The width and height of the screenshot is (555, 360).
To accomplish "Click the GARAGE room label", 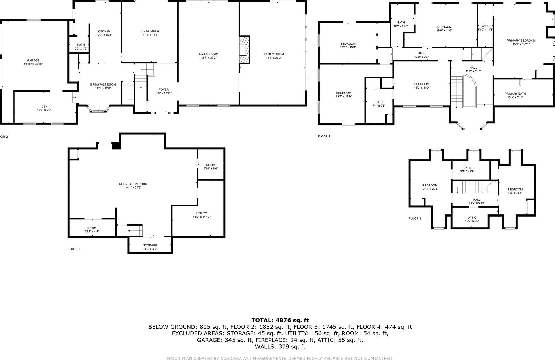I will tap(33, 61).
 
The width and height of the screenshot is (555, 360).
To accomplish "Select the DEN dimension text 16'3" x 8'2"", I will tap(44, 110).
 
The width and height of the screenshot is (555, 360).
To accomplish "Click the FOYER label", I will tap(164, 90).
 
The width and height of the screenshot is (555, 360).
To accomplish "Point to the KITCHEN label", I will tap(104, 31).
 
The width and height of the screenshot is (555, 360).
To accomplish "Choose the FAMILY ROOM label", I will tap(273, 54).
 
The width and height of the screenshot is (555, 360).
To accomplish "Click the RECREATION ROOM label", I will tap(133, 184).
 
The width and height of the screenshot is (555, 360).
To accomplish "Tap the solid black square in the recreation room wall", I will tap(116, 146).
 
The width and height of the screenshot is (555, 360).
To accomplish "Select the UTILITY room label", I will tap(201, 213).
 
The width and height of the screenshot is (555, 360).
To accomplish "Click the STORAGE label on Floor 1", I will tap(150, 245).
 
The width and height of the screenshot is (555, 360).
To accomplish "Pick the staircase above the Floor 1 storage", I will tap(135, 231).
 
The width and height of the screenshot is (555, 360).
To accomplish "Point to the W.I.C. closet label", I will tap(485, 26).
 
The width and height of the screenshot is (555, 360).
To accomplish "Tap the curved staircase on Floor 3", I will tap(463, 91).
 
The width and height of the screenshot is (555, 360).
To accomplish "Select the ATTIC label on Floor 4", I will tap(472, 217).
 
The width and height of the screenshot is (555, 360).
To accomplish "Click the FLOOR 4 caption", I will tap(415, 219).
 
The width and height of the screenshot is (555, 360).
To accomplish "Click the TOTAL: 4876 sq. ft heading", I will tap(280, 320).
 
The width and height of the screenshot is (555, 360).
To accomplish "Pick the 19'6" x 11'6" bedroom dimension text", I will tap(444, 30).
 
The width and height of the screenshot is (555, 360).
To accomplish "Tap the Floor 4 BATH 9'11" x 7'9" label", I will tap(467, 168).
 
